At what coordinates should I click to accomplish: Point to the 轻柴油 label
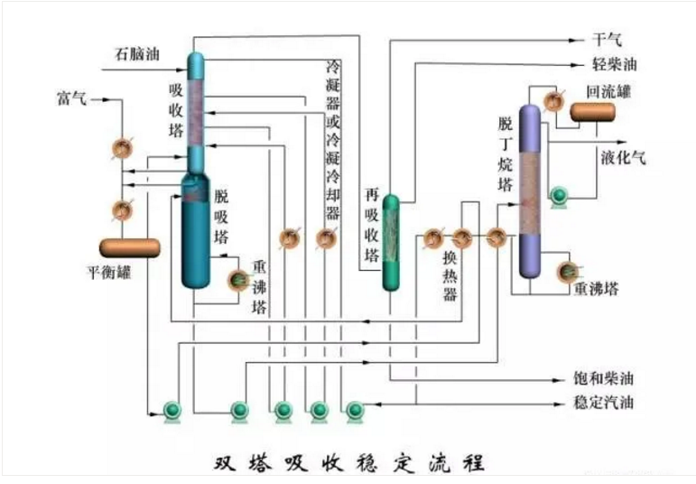coord(614,66)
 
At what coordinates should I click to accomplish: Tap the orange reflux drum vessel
coord(591,112)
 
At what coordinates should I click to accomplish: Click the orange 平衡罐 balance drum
coord(130,247)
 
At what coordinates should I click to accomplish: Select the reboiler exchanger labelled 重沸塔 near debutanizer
coord(569,270)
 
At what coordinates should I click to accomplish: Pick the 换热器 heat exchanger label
coord(449,275)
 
